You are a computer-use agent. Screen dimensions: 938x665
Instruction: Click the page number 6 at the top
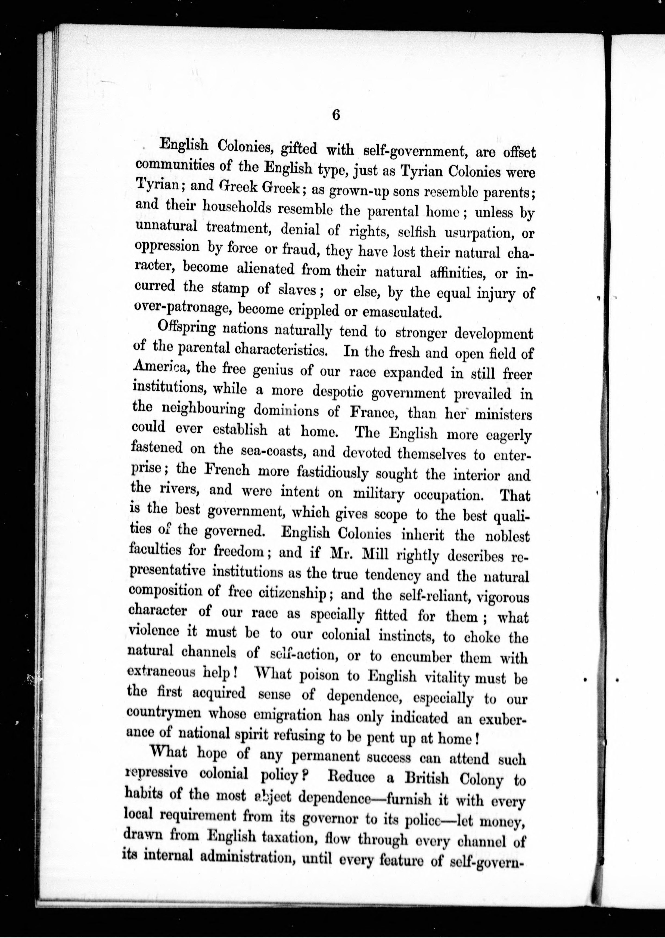coord(336,115)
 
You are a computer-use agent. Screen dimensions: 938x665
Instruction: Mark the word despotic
coord(338,392)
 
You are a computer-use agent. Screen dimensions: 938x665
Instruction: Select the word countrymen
coord(164,712)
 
